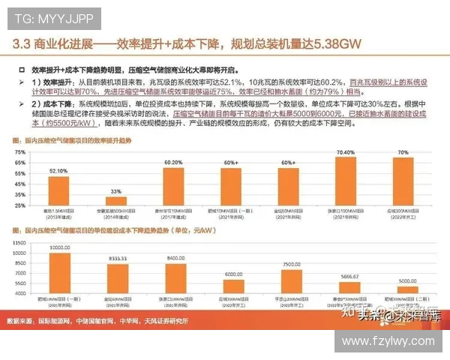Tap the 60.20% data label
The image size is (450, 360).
pyautogui.click(x=173, y=162)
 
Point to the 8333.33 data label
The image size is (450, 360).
pyautogui.click(x=116, y=257)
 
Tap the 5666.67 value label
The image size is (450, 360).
pyautogui.click(x=349, y=276)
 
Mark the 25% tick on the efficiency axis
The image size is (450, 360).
pyautogui.click(x=19, y=205)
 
